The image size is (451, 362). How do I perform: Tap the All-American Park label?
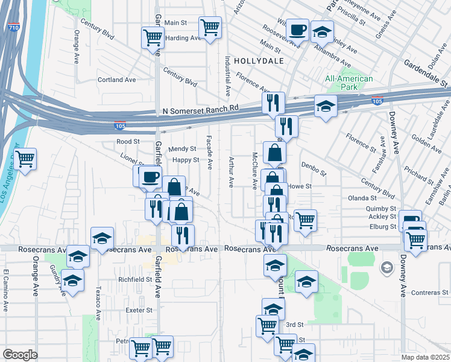pyautogui.click(x=349, y=83)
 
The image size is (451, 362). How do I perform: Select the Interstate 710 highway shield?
pyautogui.click(x=14, y=28)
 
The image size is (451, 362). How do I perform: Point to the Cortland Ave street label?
pyautogui.click(x=117, y=80)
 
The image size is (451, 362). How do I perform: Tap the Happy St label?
pyautogui.click(x=185, y=160)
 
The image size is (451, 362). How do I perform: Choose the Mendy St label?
pyautogui.click(x=182, y=148)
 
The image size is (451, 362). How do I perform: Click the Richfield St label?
pyautogui.click(x=135, y=279)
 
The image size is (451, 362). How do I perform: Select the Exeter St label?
pyautogui.click(x=139, y=310)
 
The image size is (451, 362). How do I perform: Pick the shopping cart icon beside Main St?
pyautogui.click(x=210, y=27)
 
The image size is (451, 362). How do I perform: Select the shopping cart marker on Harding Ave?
pyautogui.click(x=153, y=37)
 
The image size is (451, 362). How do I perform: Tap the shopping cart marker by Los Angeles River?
pyautogui.click(x=25, y=160)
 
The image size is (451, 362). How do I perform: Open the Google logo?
pyautogui.click(x=20, y=354)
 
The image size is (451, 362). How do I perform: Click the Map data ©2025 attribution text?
pyautogui.click(x=426, y=358)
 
